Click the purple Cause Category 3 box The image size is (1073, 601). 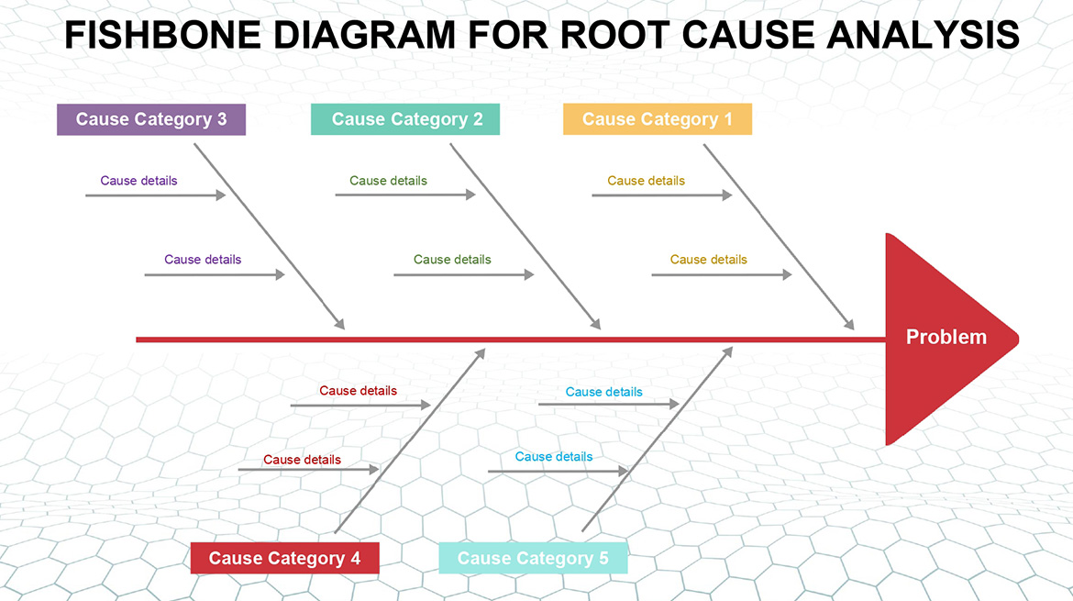coord(151,119)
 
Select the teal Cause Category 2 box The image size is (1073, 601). coord(405,119)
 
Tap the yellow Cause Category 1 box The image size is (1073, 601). coord(658,119)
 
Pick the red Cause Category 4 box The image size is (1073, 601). coord(284,558)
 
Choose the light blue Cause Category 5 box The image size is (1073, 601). coord(533,558)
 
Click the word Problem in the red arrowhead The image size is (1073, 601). coord(946,337)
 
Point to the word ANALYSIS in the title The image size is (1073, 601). coord(924,36)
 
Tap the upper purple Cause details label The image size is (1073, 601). coord(138,181)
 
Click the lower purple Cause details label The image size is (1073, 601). coord(203,260)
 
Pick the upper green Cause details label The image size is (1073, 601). coord(388,181)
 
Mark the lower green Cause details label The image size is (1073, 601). coord(452,260)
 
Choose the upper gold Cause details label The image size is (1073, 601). coord(646,181)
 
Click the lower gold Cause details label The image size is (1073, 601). coord(708,260)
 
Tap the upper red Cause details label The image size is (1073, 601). coord(358,391)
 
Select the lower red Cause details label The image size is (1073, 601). coord(302,460)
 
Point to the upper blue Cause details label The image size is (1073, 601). coord(603,392)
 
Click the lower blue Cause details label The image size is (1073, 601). coord(554,457)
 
